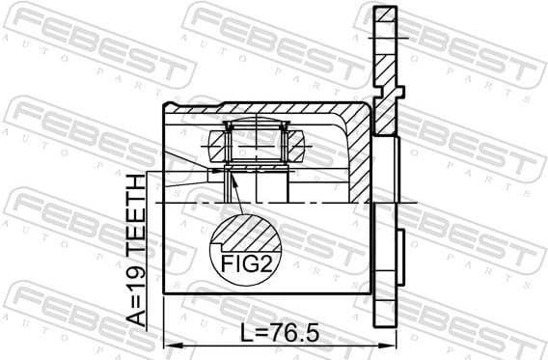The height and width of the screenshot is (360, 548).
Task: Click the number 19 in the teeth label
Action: (139, 279)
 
